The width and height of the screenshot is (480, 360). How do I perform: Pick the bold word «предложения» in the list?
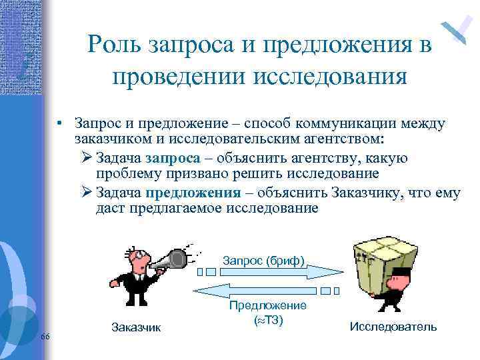point(193,194)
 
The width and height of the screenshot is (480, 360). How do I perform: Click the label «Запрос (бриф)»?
point(263,259)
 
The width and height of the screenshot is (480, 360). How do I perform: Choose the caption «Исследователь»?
point(393,327)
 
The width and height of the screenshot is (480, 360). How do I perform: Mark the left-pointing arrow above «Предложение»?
point(257,291)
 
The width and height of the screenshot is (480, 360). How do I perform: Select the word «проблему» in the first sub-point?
point(125,174)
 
